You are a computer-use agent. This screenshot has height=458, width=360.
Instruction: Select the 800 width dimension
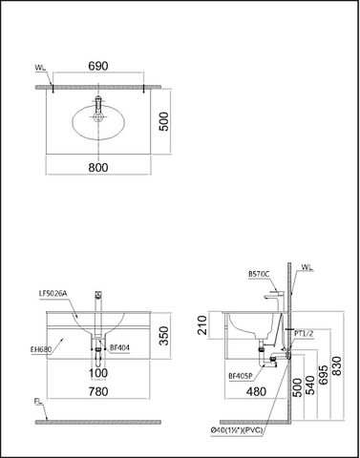(99, 166)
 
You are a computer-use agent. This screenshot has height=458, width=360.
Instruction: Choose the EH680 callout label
(42, 349)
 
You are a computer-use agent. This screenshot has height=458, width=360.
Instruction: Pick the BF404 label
(119, 349)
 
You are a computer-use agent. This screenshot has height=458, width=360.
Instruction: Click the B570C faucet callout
(258, 274)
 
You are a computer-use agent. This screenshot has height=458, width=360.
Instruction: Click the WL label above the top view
(38, 69)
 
